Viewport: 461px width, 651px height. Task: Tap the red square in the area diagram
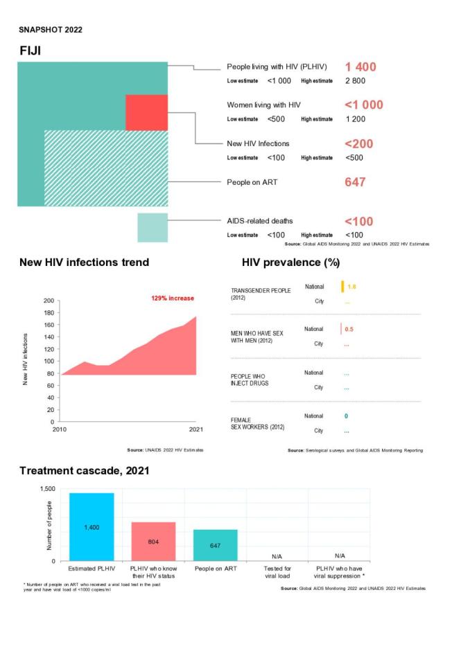tap(146, 112)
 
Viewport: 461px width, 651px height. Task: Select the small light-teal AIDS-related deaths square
tap(153, 228)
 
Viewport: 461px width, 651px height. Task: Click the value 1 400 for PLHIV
tap(360, 66)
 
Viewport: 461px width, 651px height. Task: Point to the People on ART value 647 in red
tap(355, 183)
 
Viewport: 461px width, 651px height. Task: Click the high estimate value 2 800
tap(355, 81)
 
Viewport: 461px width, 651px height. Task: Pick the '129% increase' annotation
tap(173, 298)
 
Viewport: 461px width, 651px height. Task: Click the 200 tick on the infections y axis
tap(48, 301)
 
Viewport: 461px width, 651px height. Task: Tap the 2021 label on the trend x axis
tap(196, 429)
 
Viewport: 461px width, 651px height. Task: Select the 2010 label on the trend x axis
tap(62, 429)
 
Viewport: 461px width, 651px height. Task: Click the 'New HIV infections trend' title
tap(84, 263)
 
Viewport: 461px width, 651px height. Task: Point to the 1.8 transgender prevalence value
tap(351, 286)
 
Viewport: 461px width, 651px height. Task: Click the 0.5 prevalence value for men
tap(350, 329)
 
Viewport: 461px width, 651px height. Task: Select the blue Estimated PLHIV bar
tap(92, 526)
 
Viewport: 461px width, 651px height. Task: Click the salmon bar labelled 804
tap(153, 541)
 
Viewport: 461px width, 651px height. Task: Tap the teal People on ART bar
tap(215, 545)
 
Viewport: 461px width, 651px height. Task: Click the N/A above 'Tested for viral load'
tap(277, 556)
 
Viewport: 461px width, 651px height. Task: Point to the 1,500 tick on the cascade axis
tap(46, 489)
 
